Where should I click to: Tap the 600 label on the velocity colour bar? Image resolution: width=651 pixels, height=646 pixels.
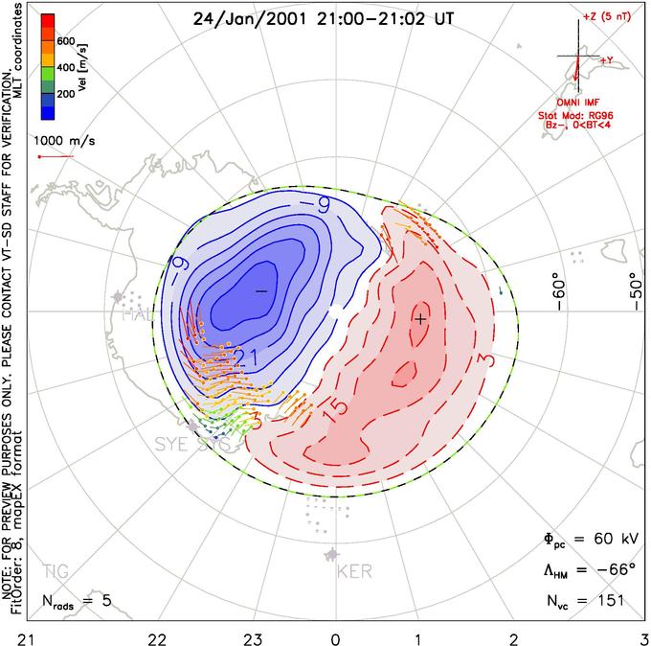coord(67,41)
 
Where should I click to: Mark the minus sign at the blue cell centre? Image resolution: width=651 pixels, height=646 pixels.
coord(260,289)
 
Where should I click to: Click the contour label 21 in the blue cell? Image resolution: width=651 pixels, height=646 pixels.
coord(243,358)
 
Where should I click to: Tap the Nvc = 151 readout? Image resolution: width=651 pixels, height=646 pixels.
coord(585,601)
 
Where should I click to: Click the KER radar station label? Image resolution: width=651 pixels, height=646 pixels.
coord(356,574)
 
